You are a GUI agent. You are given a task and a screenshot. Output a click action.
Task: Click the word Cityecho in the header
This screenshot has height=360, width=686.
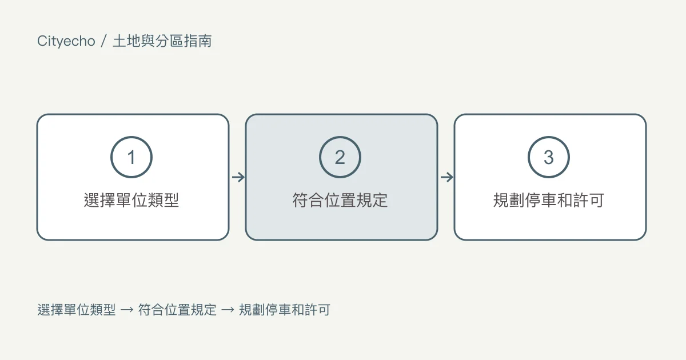[x=66, y=41]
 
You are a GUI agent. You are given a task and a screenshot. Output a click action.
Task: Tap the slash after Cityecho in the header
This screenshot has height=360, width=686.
[x=103, y=41]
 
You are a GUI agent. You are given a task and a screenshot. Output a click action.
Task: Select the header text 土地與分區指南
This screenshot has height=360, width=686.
[x=162, y=41]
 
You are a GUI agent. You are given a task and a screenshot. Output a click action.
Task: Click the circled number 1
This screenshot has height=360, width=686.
[x=131, y=157]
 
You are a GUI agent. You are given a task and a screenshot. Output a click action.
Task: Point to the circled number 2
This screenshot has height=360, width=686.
[x=340, y=157]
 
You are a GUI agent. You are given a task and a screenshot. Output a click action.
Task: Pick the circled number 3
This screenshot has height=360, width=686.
[x=548, y=157]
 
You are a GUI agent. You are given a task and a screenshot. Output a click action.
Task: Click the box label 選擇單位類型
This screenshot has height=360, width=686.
[x=131, y=200]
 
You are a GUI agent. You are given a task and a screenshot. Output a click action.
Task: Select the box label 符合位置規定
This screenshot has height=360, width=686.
[x=340, y=200]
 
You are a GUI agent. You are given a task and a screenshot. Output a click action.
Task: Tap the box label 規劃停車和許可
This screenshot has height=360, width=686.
[x=548, y=200]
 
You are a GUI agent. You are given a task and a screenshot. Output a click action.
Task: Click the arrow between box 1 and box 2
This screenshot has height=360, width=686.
[x=238, y=177]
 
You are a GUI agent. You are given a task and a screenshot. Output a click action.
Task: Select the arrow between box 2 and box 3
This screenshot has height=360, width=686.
[x=447, y=177]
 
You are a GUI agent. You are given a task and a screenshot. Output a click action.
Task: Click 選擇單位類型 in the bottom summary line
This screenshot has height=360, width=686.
[x=77, y=310]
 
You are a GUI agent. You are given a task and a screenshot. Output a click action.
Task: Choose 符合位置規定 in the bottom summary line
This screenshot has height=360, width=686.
[x=177, y=310]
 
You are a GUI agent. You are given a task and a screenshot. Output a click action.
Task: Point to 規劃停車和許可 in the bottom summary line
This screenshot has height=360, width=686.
[x=285, y=310]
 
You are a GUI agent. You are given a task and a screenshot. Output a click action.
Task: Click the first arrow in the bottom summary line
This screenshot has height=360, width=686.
[x=127, y=310]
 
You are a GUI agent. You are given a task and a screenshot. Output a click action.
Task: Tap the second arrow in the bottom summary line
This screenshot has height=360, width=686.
[x=228, y=310]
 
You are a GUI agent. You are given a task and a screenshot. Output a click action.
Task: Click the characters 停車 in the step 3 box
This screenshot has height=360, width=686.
[x=541, y=200]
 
